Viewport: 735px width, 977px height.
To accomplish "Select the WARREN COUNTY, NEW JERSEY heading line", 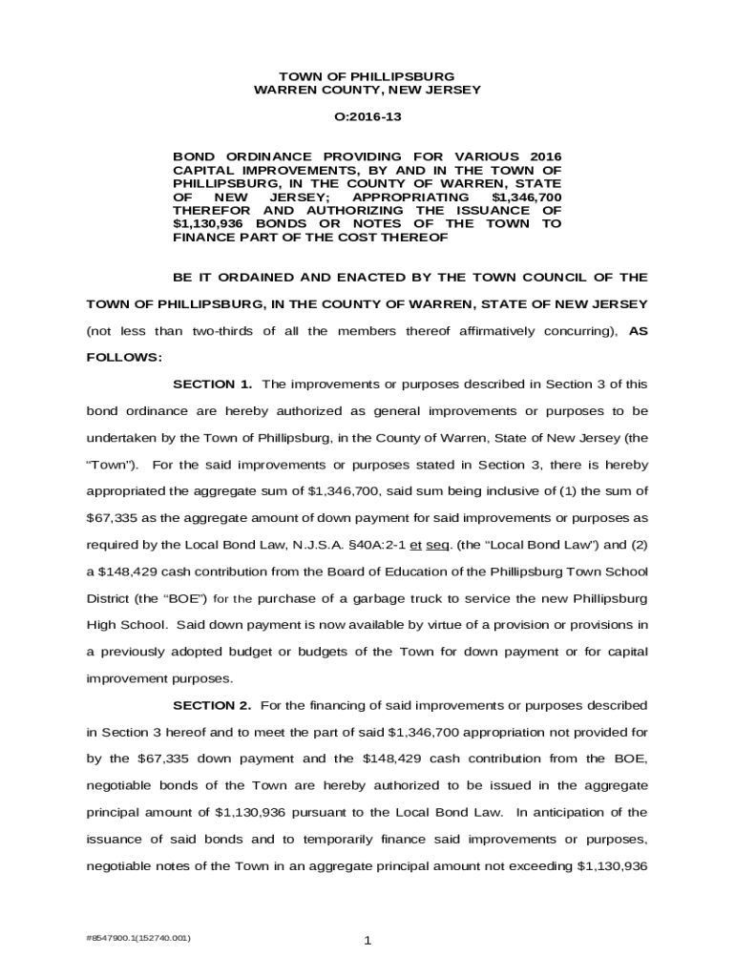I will [x=367, y=90].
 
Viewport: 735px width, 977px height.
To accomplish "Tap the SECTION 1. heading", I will [x=212, y=385].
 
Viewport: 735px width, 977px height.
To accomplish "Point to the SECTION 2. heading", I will [x=212, y=706].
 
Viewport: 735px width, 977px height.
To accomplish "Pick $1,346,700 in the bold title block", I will [x=526, y=197].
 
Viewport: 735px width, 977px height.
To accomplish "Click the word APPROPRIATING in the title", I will [x=408, y=197].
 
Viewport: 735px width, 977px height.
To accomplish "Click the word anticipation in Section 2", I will [x=564, y=813].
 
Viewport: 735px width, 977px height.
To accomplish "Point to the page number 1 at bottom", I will [x=367, y=942].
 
